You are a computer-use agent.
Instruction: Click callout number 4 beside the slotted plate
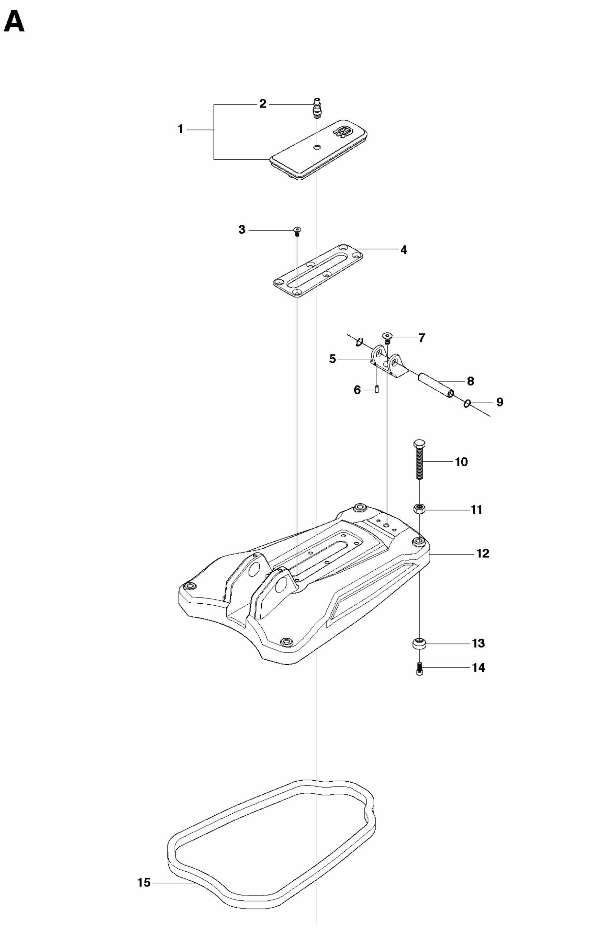pyautogui.click(x=404, y=250)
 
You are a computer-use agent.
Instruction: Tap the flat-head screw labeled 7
pyautogui.click(x=387, y=337)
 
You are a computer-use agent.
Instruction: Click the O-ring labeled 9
pyautogui.click(x=467, y=403)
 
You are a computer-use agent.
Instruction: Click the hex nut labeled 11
pyautogui.click(x=419, y=509)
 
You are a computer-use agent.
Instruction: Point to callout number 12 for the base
pyautogui.click(x=483, y=553)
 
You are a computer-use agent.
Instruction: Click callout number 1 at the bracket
pyautogui.click(x=180, y=129)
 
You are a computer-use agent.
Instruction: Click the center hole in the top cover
pyautogui.click(x=317, y=147)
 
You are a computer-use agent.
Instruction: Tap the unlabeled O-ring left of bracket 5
pyautogui.click(x=359, y=342)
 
